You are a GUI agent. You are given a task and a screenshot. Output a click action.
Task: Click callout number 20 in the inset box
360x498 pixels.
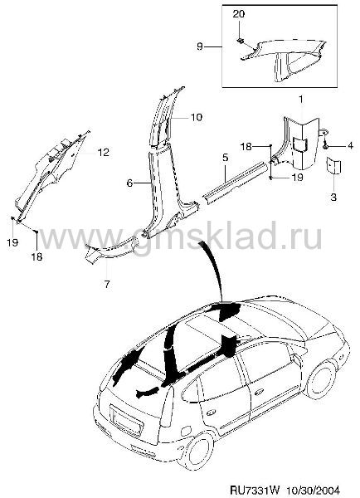[x=239, y=14]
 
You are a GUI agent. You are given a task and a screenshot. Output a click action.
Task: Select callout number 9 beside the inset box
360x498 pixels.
[x=199, y=46]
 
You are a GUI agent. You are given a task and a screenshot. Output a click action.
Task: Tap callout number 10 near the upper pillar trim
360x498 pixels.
[x=197, y=117]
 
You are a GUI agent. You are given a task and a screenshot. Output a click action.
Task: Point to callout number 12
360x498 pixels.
[x=104, y=153]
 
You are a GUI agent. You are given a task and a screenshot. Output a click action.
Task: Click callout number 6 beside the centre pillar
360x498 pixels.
[x=129, y=183]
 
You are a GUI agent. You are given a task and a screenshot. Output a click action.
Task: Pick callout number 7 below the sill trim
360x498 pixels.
[x=107, y=284]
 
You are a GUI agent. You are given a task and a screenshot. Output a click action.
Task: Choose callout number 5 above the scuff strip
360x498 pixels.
[x=225, y=158]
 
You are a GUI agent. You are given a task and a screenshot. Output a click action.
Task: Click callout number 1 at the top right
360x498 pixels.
[x=300, y=100]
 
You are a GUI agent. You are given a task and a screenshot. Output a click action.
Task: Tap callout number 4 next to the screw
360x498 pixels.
[x=350, y=146]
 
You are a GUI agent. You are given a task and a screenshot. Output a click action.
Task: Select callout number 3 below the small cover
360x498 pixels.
[x=333, y=197]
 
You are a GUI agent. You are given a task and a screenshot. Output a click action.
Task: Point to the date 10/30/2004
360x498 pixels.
[x=314, y=490]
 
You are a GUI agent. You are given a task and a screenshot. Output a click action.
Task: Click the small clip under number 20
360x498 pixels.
[x=240, y=40]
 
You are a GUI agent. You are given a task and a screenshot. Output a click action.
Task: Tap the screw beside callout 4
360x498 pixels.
[x=325, y=146]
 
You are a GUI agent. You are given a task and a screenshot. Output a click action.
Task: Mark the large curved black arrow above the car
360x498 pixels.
[x=212, y=266]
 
